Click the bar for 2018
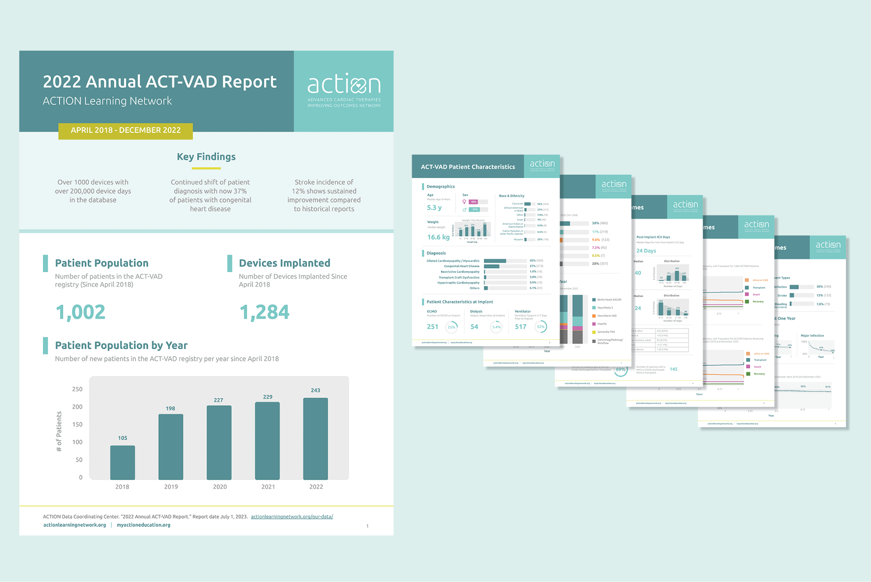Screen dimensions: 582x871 tap(122, 462)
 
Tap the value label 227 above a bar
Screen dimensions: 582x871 tap(218, 400)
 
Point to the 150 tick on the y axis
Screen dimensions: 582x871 tap(77, 425)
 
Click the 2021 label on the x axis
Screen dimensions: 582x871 tap(268, 487)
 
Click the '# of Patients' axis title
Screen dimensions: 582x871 tap(59, 431)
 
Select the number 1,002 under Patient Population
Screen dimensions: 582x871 tap(80, 312)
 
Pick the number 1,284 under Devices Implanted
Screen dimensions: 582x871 tap(264, 312)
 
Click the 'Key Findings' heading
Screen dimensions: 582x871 tap(206, 157)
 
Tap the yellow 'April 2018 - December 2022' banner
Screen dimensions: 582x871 tap(125, 130)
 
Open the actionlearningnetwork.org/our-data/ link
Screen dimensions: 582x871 tap(292, 517)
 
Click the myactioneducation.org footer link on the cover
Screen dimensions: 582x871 tap(144, 525)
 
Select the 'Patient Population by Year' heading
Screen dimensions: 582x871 tap(121, 346)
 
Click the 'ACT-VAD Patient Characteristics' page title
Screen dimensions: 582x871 tap(468, 167)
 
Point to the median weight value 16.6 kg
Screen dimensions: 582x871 tap(438, 237)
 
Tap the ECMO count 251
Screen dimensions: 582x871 tap(433, 327)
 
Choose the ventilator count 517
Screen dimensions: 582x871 tap(520, 327)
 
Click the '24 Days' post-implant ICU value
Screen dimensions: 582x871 tap(646, 251)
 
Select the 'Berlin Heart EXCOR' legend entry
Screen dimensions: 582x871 tap(609, 300)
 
